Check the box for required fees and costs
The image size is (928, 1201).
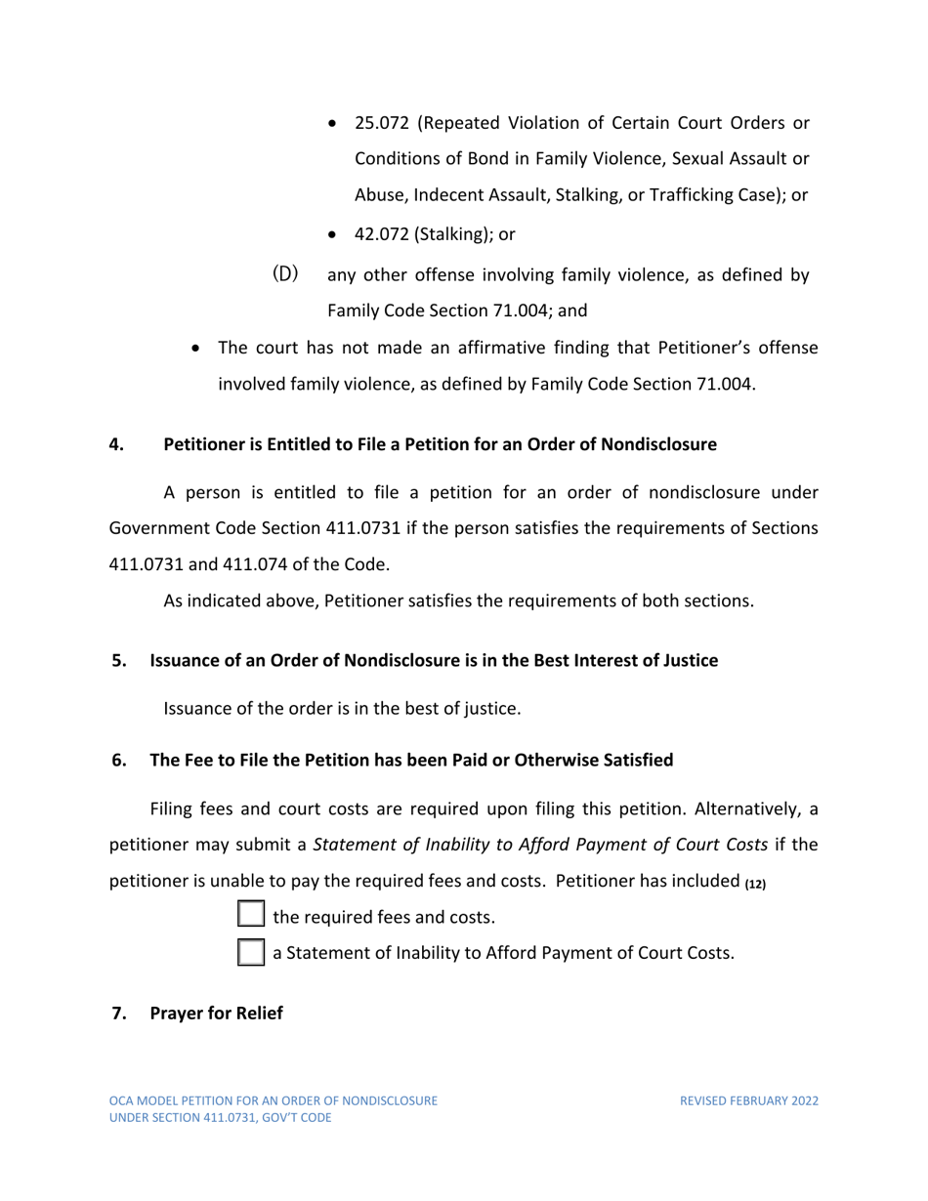tap(251, 916)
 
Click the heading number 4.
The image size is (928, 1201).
tap(116, 445)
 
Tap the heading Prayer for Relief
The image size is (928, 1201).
tap(216, 1014)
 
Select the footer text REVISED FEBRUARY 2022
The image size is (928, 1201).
tap(748, 1100)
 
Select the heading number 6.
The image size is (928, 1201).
tap(119, 761)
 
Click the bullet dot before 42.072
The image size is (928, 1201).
tap(335, 234)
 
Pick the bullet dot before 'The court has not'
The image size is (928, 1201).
tap(198, 348)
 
